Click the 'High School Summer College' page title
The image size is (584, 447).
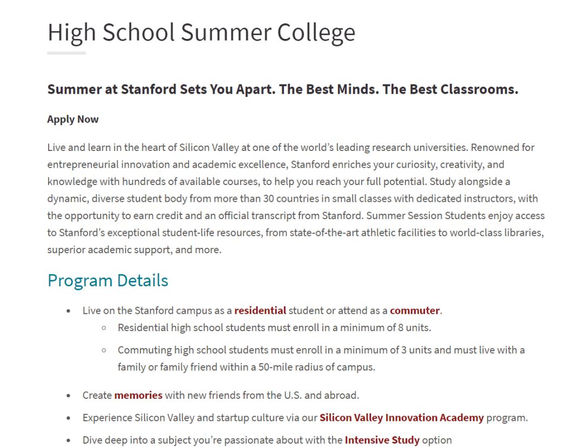[201, 32]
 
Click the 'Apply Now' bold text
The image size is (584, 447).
[73, 119]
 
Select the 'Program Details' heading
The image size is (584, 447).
[108, 280]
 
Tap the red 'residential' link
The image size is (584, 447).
[260, 311]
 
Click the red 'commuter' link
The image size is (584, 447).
[415, 311]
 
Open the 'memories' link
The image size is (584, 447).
[138, 395]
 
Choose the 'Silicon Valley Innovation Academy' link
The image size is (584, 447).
[401, 418]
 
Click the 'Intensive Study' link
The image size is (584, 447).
[382, 440]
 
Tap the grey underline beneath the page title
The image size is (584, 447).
[67, 53]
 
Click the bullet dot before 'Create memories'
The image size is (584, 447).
[68, 396]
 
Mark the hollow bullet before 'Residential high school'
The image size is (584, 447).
[104, 328]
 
